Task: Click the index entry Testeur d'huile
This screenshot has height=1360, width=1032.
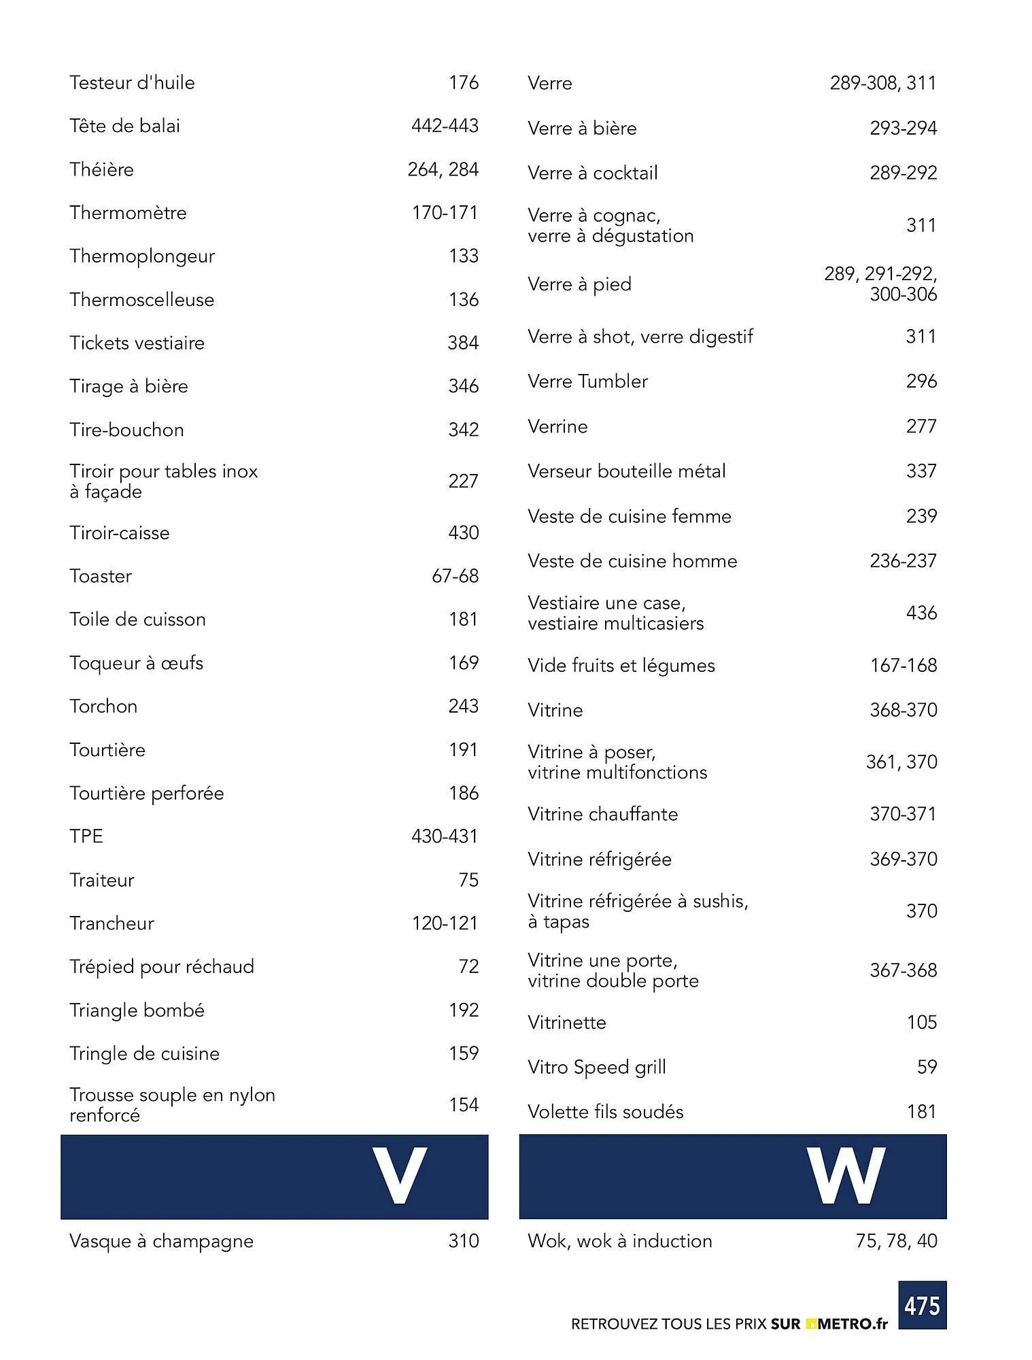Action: tap(132, 83)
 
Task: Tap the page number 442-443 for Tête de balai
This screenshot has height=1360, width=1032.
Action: tap(445, 126)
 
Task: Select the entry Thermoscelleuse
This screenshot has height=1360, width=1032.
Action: tap(141, 300)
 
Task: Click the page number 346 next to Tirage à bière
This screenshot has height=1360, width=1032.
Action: tap(463, 386)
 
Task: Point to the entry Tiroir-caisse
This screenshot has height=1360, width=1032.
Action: tap(119, 533)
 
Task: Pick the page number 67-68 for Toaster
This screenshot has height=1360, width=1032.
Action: tap(455, 576)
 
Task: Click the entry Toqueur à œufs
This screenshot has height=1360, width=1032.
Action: tap(136, 663)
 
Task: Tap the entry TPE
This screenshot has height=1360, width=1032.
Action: tap(86, 836)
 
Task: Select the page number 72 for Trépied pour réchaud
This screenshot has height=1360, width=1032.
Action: tap(468, 966)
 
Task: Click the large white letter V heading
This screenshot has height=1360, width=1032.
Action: tap(399, 1176)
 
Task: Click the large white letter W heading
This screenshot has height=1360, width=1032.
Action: tap(846, 1176)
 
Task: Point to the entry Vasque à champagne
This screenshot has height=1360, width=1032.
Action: tap(161, 1241)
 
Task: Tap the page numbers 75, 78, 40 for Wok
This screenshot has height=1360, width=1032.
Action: tap(896, 1241)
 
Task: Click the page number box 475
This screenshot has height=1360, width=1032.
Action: tap(922, 1305)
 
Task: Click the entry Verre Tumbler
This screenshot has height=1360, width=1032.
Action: tap(587, 381)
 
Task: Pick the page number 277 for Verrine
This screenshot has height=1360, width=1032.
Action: tap(921, 426)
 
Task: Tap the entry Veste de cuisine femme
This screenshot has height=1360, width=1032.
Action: tap(629, 516)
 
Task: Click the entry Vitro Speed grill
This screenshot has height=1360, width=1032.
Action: tap(596, 1067)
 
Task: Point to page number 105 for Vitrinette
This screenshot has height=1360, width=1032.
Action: tap(921, 1022)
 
